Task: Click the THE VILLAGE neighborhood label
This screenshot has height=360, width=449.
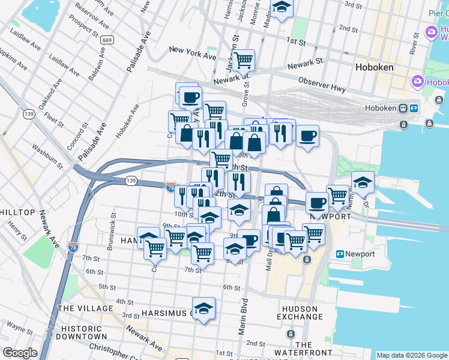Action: point(85,308)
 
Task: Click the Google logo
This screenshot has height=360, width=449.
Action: point(20,353)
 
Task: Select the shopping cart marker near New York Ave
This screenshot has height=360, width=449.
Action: point(243,60)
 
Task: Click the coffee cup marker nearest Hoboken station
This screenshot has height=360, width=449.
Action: point(307,136)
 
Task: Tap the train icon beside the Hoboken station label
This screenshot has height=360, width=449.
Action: point(414,109)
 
